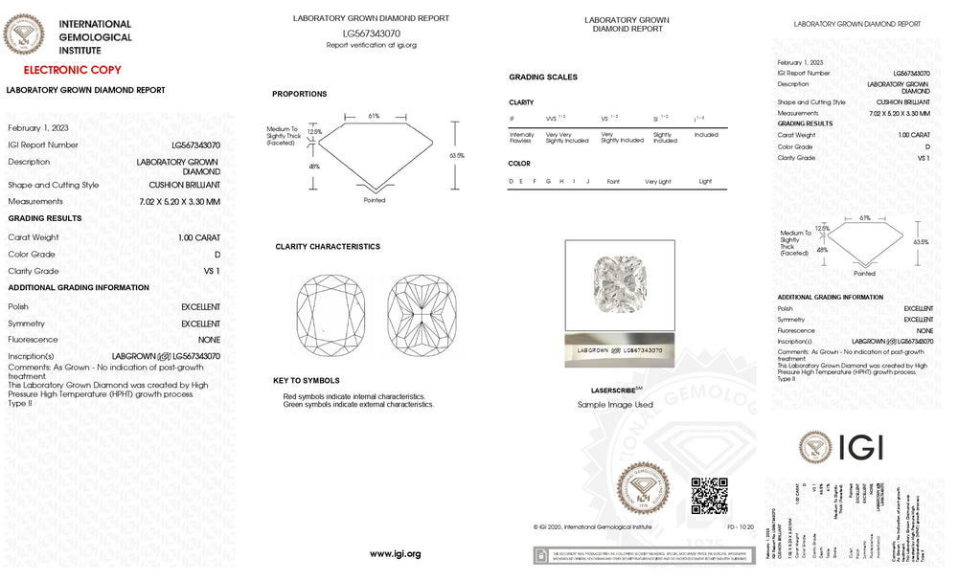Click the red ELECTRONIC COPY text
tap(72, 70)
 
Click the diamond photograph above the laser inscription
tap(619, 282)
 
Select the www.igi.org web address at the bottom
tap(395, 554)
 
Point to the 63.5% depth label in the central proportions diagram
tap(457, 155)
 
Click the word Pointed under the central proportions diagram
tap(375, 200)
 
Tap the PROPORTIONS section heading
tap(299, 94)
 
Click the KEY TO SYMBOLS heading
tap(306, 380)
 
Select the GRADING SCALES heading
tap(543, 77)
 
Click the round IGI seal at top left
tap(24, 35)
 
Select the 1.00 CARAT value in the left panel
tap(198, 237)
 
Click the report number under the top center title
tap(371, 34)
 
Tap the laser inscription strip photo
tap(619, 350)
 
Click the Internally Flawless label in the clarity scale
tap(522, 138)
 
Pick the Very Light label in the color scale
tap(658, 181)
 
